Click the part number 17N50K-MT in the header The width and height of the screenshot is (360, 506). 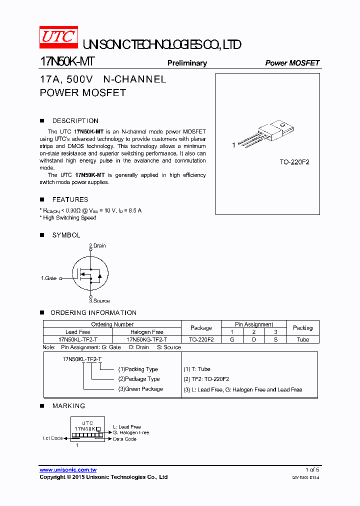pos(66,62)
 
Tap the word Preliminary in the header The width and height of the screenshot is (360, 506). pos(187,63)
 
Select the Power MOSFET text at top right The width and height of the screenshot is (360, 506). pos(292,63)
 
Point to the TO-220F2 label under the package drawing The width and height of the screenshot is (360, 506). pos(294,162)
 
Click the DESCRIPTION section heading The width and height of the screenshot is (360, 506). pos(75,121)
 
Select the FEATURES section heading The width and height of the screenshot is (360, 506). pos(70,199)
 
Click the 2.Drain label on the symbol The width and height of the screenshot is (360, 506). pos(97,245)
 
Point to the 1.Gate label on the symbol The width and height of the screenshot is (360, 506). pos(49,278)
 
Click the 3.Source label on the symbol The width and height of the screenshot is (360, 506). pos(99,301)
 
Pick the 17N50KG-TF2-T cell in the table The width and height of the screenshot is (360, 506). pos(146,339)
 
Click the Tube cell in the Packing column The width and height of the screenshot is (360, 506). pos(302,339)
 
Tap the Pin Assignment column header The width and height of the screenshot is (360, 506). pos(254,324)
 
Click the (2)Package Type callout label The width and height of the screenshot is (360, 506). pos(139,379)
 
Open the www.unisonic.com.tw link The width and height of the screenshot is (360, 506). pos(68,470)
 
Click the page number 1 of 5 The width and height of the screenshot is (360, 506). pos(312,470)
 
